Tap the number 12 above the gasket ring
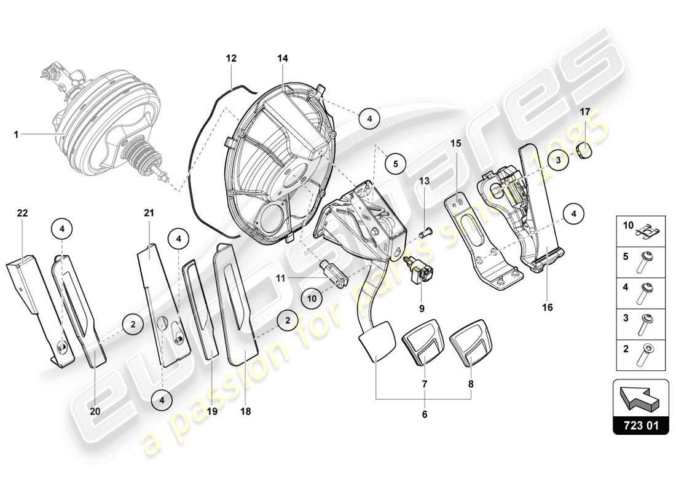[230, 58]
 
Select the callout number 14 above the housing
[282, 58]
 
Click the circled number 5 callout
[396, 164]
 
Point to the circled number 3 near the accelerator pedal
[558, 160]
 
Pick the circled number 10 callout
[312, 298]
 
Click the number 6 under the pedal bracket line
[424, 415]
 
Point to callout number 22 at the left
[22, 213]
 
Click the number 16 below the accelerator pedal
[547, 306]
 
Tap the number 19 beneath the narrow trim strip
[212, 411]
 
